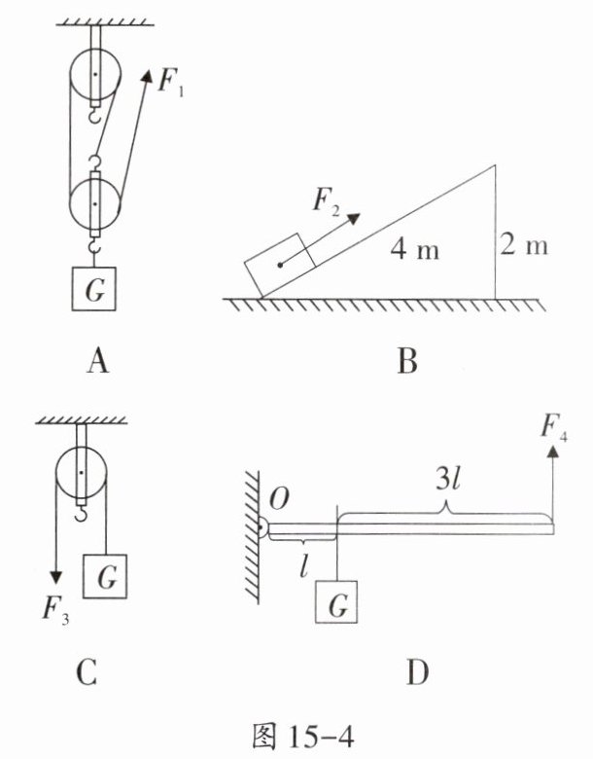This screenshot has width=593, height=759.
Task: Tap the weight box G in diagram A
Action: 94,289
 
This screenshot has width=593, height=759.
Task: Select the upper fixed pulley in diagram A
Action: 95,74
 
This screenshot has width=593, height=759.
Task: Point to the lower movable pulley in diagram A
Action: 95,203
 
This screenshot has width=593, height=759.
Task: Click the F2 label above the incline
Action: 326,200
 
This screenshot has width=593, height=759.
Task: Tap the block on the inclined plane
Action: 280,266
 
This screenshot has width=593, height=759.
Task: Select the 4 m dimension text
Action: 415,249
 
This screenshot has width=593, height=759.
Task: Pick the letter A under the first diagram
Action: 98,362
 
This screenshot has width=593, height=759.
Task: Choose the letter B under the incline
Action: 406,362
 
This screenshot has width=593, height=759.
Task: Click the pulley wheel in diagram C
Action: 82,473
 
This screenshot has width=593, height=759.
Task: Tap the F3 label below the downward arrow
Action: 54,610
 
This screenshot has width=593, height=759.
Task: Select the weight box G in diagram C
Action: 105,576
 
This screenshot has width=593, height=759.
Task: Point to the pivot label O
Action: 279,499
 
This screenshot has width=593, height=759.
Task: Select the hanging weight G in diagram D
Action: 336,601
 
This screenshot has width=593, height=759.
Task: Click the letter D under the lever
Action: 417,672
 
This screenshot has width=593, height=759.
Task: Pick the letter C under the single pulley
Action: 87,672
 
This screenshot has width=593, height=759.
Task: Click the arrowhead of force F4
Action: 553,452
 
